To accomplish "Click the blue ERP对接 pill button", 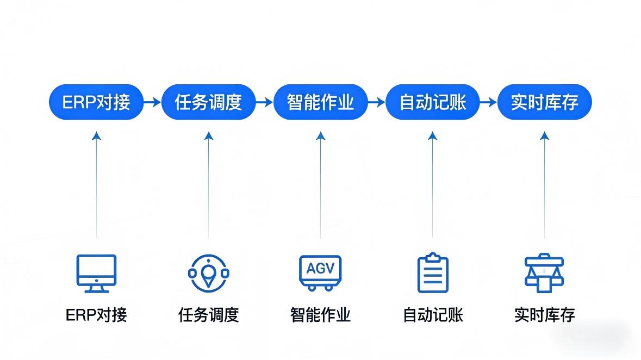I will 96,102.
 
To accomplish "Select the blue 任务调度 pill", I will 208,102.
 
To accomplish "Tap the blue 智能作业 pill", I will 320,102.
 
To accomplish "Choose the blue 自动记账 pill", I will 433,102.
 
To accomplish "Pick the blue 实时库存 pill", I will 544,102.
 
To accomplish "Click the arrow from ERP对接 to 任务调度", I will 152,102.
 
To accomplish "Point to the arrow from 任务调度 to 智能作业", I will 264,102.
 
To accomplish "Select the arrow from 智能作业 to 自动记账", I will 376,102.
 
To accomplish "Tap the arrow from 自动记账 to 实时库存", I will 489,102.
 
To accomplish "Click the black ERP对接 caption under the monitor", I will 96,315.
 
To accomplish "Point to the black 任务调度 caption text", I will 208,315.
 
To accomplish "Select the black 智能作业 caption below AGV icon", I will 320,315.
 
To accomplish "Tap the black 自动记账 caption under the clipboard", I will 433,315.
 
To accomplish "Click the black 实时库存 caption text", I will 544,315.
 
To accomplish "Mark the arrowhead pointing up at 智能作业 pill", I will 320,136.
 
